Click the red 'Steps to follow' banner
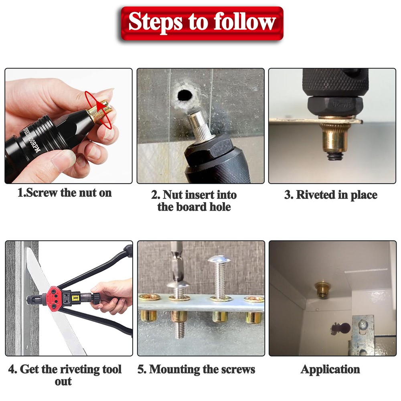202,23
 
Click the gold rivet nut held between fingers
99,111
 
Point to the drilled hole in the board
184,96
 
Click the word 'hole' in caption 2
220,207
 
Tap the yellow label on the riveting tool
76,298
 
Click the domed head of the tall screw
219,259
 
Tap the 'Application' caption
330,370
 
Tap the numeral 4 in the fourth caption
12,370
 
